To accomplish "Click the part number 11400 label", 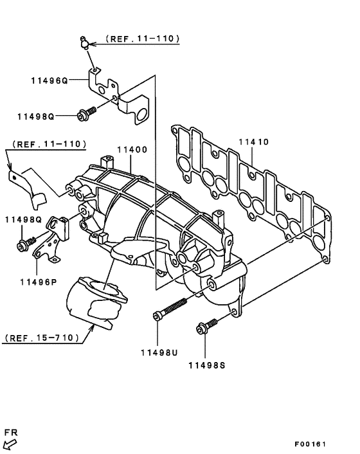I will click(132, 149).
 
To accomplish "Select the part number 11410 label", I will click(254, 141).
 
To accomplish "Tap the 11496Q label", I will click(48, 82).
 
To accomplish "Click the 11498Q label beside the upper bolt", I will click(38, 116).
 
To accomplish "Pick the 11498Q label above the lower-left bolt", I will click(23, 219).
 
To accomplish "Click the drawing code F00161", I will click(311, 444).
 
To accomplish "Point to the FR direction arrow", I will click(11, 443).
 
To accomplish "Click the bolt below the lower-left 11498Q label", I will click(26, 244).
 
